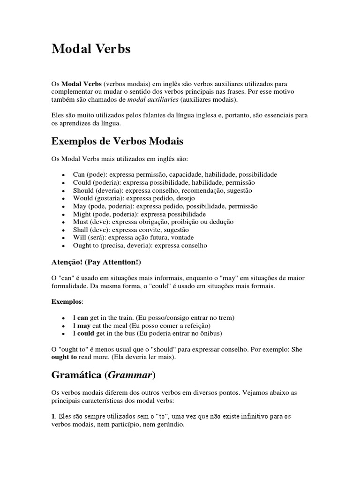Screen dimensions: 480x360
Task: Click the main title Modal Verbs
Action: [x=91, y=50]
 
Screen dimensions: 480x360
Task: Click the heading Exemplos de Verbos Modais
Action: [x=117, y=141]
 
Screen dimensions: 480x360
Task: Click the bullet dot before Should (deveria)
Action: [x=63, y=191]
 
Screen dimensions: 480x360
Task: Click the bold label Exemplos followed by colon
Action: [x=66, y=301]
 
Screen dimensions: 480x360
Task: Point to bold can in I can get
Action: [x=82, y=317]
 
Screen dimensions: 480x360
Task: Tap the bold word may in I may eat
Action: [x=83, y=325]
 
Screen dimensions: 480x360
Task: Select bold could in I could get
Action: [x=85, y=333]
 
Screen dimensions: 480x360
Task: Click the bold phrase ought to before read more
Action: [x=64, y=357]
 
